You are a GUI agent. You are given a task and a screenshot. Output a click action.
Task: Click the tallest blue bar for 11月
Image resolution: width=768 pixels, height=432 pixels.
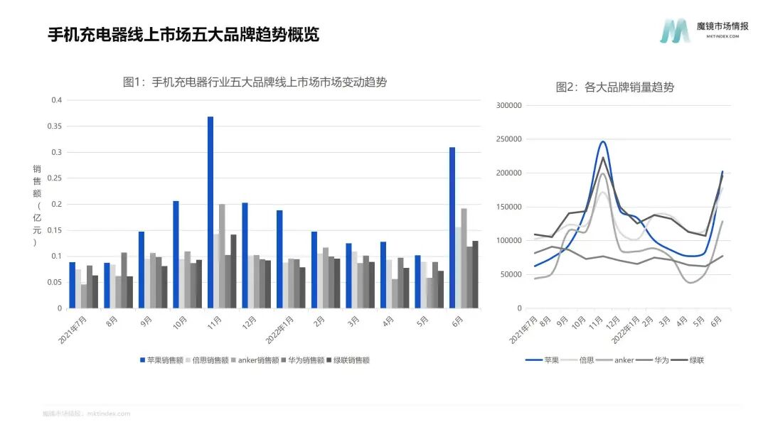tap(210, 212)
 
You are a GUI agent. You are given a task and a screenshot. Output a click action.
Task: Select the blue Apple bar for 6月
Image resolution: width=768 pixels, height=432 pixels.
tap(452, 227)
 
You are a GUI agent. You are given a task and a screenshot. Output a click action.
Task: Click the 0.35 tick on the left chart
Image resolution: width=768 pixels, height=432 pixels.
tap(56, 126)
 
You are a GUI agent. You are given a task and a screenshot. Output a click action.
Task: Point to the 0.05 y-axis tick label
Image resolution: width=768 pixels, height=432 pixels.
tap(56, 283)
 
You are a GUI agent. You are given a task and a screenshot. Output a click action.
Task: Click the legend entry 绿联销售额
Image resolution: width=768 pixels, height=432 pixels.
tap(348, 360)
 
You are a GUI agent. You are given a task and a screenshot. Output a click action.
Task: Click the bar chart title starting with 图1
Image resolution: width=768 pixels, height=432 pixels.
tap(255, 82)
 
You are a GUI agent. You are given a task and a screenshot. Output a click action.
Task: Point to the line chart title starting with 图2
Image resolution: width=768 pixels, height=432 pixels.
tap(614, 87)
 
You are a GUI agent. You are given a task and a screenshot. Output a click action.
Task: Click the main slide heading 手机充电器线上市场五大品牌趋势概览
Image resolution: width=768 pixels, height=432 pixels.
tap(183, 34)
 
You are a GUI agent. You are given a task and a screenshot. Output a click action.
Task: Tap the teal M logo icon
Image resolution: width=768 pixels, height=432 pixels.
tap(673, 31)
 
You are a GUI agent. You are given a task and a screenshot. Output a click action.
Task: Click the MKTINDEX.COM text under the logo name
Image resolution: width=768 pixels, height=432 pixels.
tap(722, 36)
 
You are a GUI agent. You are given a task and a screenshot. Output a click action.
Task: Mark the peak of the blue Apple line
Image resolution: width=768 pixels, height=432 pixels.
tap(603, 141)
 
